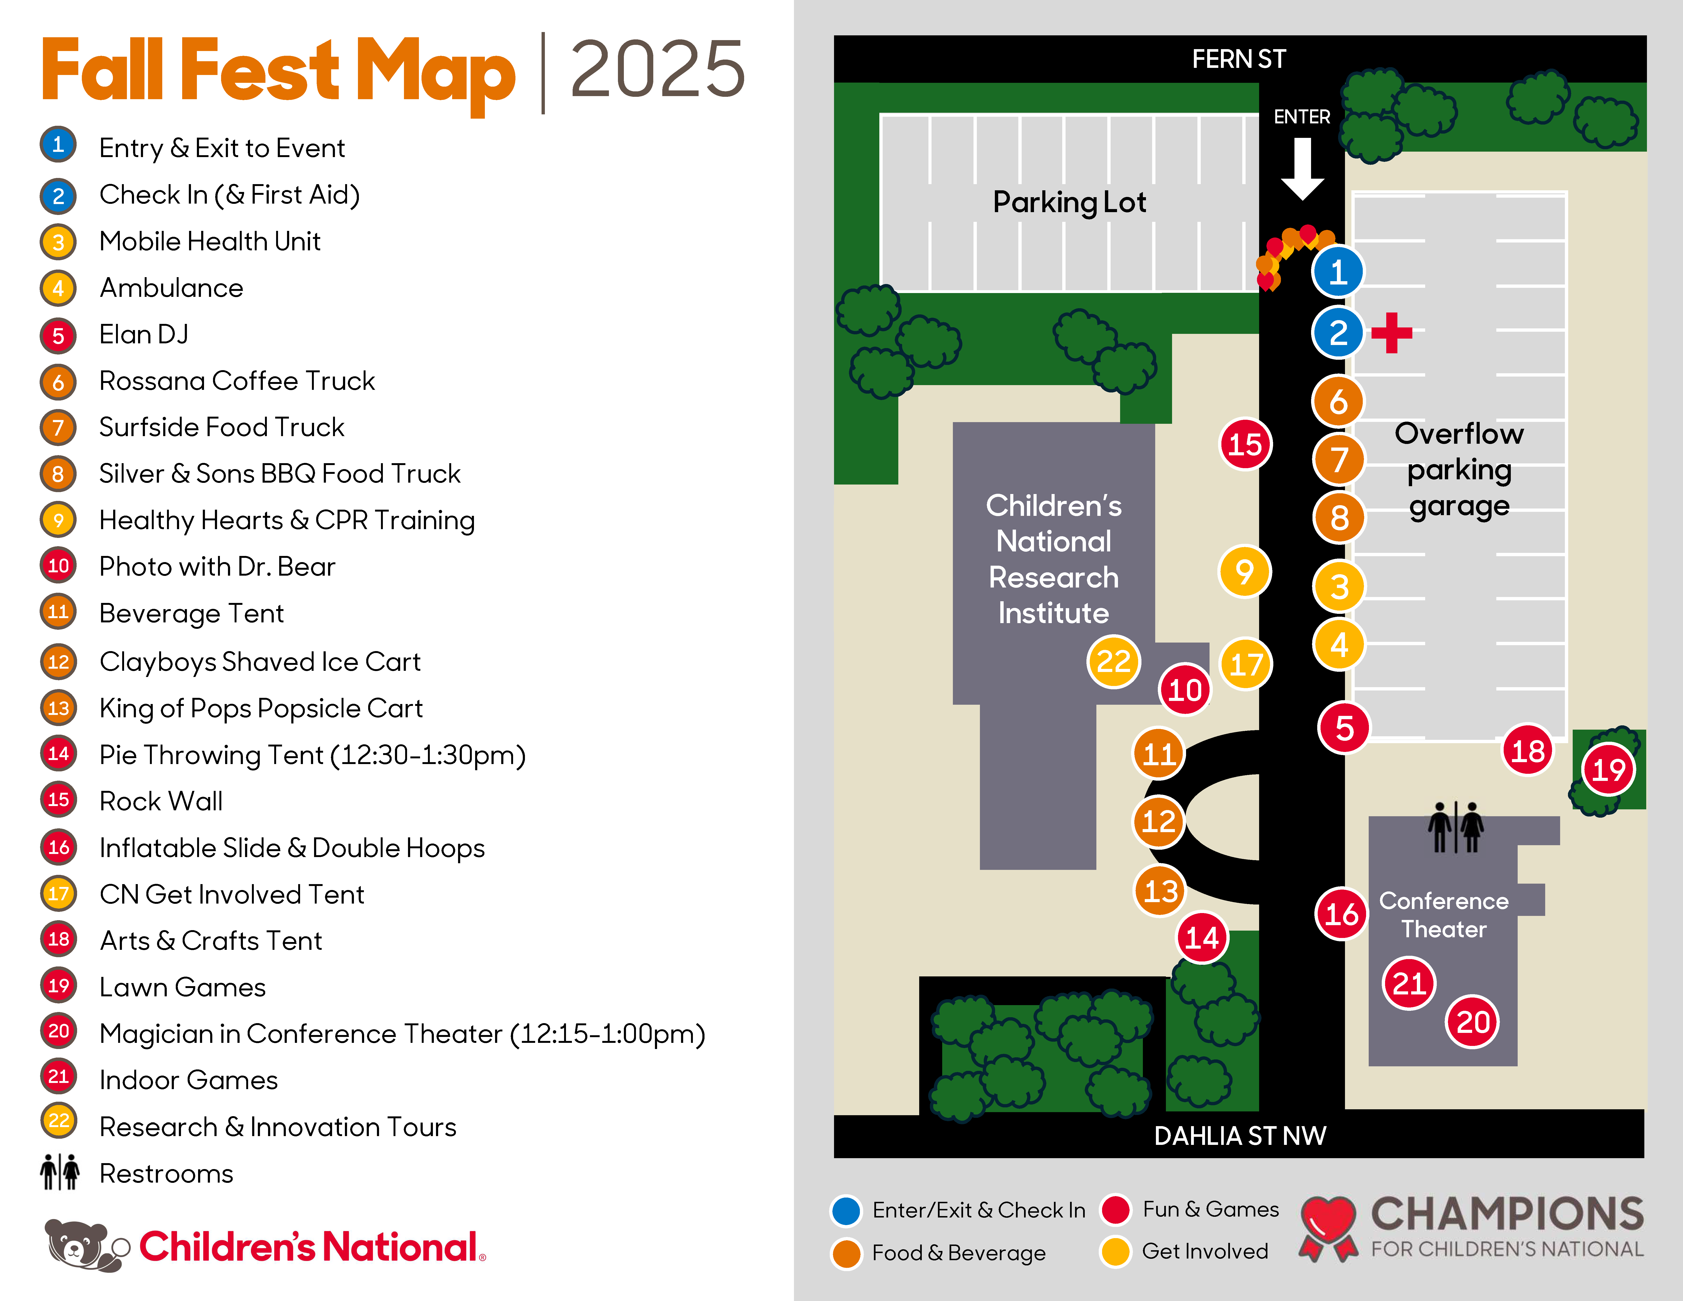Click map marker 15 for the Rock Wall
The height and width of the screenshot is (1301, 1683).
pyautogui.click(x=1245, y=445)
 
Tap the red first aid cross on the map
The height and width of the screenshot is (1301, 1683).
pyautogui.click(x=1392, y=333)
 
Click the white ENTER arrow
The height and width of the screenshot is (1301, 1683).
pyautogui.click(x=1302, y=168)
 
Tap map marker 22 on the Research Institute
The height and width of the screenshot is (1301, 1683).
pyautogui.click(x=1113, y=661)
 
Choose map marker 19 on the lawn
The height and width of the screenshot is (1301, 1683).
pyautogui.click(x=1608, y=769)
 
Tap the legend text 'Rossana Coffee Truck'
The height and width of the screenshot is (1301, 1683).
pyautogui.click(x=236, y=381)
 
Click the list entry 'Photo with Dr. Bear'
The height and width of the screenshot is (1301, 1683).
pyautogui.click(x=217, y=566)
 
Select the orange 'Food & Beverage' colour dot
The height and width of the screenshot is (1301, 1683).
pyautogui.click(x=846, y=1252)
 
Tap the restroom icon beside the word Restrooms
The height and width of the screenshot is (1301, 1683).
pyautogui.click(x=59, y=1172)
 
